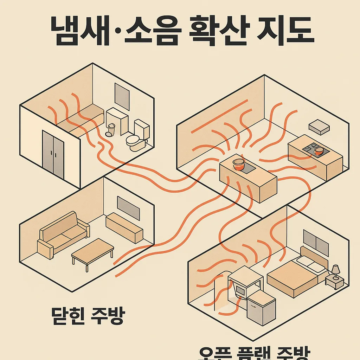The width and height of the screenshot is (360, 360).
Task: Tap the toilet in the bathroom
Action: point(136,139)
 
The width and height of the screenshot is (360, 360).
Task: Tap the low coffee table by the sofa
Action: point(92,250)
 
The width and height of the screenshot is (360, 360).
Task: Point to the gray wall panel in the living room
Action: point(128,207)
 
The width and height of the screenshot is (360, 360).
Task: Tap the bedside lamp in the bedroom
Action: point(335,270)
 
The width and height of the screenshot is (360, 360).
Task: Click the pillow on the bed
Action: point(311,264)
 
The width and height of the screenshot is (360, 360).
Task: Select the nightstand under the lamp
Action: point(334,282)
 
